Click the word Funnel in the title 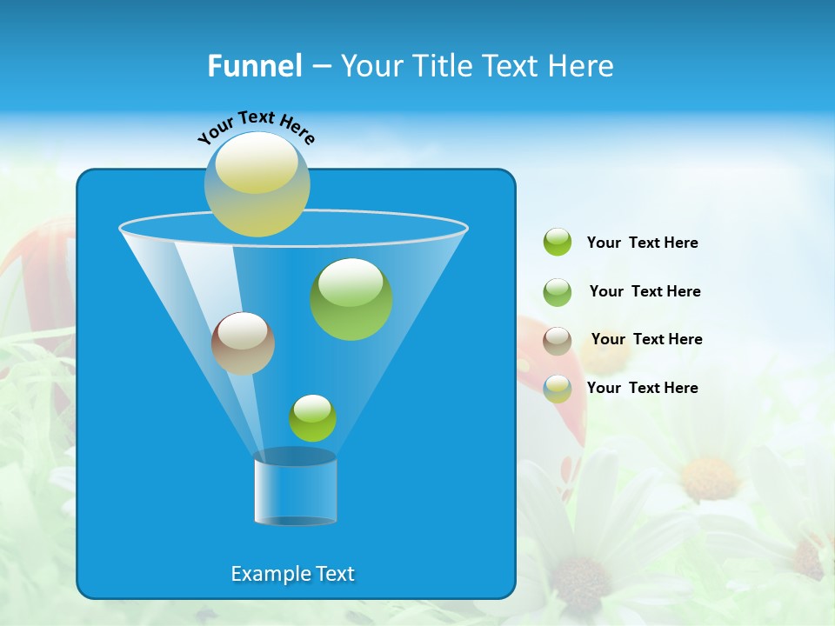254,66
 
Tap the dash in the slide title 321,67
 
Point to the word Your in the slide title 371,67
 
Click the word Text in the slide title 512,66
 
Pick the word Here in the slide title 582,66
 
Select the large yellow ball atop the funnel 257,183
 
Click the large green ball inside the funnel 351,298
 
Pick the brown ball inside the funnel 243,343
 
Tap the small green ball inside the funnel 312,418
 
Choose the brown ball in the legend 558,341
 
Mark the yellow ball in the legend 558,389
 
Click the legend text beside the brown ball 646,339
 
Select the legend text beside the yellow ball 642,388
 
